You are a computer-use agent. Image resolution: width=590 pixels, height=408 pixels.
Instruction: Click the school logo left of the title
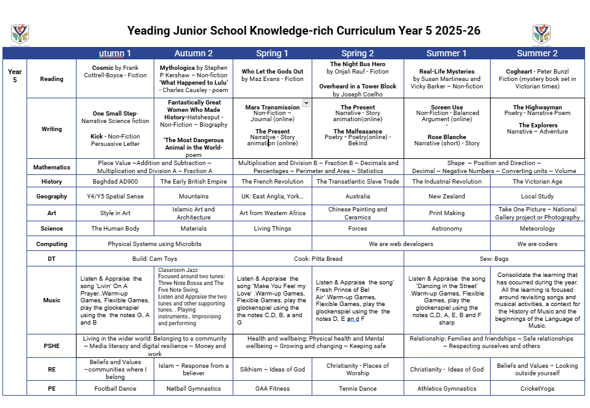pyautogui.click(x=20, y=35)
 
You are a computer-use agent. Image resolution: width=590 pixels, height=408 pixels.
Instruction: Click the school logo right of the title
pyautogui.click(x=541, y=35)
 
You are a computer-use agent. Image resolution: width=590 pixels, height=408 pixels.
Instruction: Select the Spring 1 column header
pyautogui.click(x=272, y=53)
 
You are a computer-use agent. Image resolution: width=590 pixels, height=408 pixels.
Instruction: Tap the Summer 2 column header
pyautogui.click(x=537, y=53)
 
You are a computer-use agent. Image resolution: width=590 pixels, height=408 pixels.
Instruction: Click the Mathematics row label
pyautogui.click(x=52, y=167)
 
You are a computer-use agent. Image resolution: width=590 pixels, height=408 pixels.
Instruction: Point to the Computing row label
pyautogui.click(x=52, y=244)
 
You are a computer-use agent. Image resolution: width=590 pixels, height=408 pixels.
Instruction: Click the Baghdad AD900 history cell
pyautogui.click(x=115, y=182)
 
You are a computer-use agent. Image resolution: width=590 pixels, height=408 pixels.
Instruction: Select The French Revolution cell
pyautogui.click(x=272, y=182)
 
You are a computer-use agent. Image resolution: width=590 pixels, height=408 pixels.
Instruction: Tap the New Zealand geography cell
pyautogui.click(x=447, y=197)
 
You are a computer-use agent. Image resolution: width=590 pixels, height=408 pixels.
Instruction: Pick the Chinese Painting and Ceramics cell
pyautogui.click(x=357, y=213)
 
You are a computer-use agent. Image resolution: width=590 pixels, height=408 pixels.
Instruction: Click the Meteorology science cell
pyautogui.click(x=537, y=229)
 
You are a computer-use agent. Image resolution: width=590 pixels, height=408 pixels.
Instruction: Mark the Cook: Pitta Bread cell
pyautogui.click(x=318, y=258)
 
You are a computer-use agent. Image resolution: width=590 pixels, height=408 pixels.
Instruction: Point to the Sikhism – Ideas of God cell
pyautogui.click(x=272, y=370)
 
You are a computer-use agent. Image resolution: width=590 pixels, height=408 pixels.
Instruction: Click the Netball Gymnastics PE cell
pyautogui.click(x=193, y=389)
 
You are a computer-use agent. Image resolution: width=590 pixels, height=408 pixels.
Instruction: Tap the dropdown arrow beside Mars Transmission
pyautogui.click(x=306, y=103)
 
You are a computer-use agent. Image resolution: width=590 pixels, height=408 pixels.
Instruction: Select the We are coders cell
pyautogui.click(x=537, y=244)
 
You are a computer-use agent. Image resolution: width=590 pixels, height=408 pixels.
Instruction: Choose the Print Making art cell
pyautogui.click(x=447, y=213)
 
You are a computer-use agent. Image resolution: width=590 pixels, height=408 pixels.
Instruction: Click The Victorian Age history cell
pyautogui.click(x=537, y=182)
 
